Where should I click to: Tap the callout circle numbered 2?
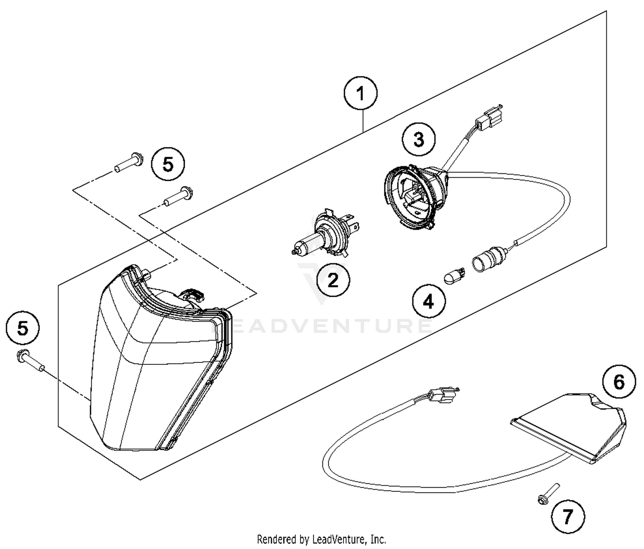(x=333, y=281)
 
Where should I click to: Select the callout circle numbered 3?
(x=419, y=140)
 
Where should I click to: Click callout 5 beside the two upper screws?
(x=168, y=164)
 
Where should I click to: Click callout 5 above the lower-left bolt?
(x=22, y=329)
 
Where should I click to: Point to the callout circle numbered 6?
(x=619, y=381)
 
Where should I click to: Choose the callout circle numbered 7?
(x=568, y=516)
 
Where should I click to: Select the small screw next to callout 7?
(x=547, y=493)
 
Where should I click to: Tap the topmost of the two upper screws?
(x=129, y=164)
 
